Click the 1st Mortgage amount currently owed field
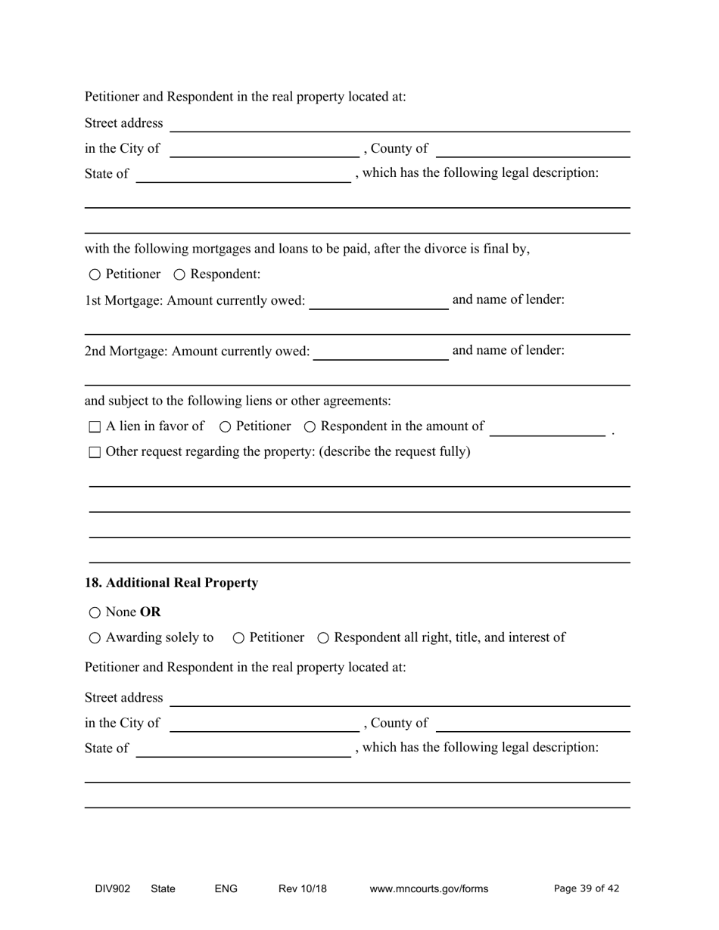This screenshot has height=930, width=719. pos(378,301)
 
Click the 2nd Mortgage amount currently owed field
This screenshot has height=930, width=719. pos(380,352)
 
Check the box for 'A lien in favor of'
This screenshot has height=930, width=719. pos(95,427)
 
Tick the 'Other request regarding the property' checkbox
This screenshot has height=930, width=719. pos(95,453)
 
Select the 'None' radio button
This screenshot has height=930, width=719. pos(95,612)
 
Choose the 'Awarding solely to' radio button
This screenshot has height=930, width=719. pos(95,638)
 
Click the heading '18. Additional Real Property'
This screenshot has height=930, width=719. pos(171,583)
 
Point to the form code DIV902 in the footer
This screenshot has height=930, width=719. pos(112,889)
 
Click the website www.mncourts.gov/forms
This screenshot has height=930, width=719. pos(428,889)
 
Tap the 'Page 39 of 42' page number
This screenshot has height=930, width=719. pos(587,889)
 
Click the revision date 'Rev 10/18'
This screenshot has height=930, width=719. pos(302,889)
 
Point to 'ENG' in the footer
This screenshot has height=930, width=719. pos(226,889)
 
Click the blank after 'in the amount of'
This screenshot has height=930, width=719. pos(547,428)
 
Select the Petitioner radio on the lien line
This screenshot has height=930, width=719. pos(225,427)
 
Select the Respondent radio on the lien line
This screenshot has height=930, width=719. pos(310,427)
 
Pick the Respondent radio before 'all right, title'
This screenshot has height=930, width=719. pos(323,638)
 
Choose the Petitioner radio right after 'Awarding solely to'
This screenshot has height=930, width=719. pos(238,638)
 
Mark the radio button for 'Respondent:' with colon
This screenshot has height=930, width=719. pos(179,274)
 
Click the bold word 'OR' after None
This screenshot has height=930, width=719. pos(151,612)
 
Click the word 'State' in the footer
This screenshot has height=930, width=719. pos(163,889)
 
